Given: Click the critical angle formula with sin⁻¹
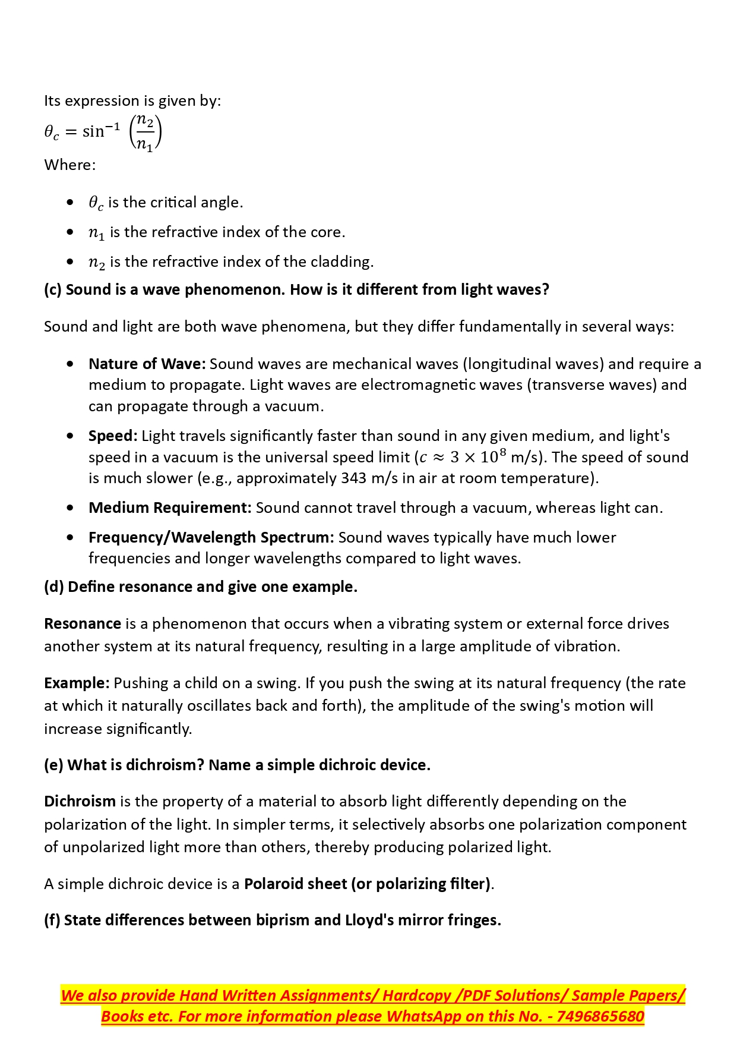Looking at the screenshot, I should tap(103, 132).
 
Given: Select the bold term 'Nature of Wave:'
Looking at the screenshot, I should tap(147, 364).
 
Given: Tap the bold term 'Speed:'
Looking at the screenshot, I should tap(113, 436).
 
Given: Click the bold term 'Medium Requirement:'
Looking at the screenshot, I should tap(170, 508).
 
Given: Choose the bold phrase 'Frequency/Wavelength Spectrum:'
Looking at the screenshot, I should tap(211, 537).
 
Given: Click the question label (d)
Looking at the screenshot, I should tap(54, 587).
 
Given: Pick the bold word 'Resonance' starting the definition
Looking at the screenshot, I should tap(83, 623).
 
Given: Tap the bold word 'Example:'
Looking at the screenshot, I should tap(77, 683).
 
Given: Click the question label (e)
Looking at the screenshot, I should tap(53, 765).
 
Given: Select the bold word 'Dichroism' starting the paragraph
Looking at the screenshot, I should tap(80, 801).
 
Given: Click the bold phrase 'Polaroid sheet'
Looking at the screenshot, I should tap(295, 884).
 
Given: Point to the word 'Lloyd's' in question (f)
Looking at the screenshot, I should tap(369, 920).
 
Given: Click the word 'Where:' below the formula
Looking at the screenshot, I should tap(69, 165).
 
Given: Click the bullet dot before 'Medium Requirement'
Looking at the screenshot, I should tap(71, 508).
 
